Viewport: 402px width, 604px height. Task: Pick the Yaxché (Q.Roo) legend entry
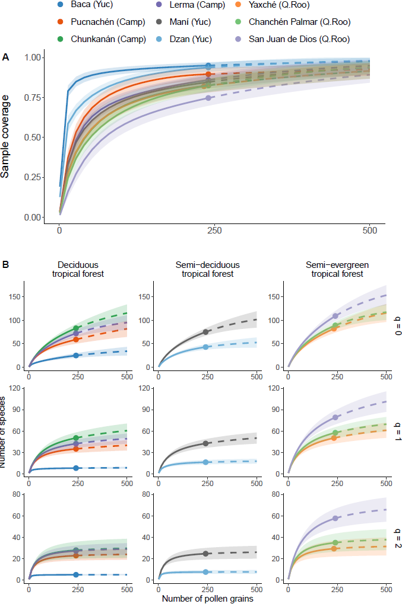tap(297, 6)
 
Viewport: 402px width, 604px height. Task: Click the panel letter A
tap(6, 57)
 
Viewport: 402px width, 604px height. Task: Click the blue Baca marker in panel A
tap(208, 66)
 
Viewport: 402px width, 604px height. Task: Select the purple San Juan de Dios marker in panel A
tap(208, 98)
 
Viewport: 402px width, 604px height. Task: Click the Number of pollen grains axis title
tap(208, 599)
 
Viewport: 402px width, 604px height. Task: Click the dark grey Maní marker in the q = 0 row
tap(206, 332)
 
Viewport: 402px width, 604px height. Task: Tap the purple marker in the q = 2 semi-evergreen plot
tap(335, 518)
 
